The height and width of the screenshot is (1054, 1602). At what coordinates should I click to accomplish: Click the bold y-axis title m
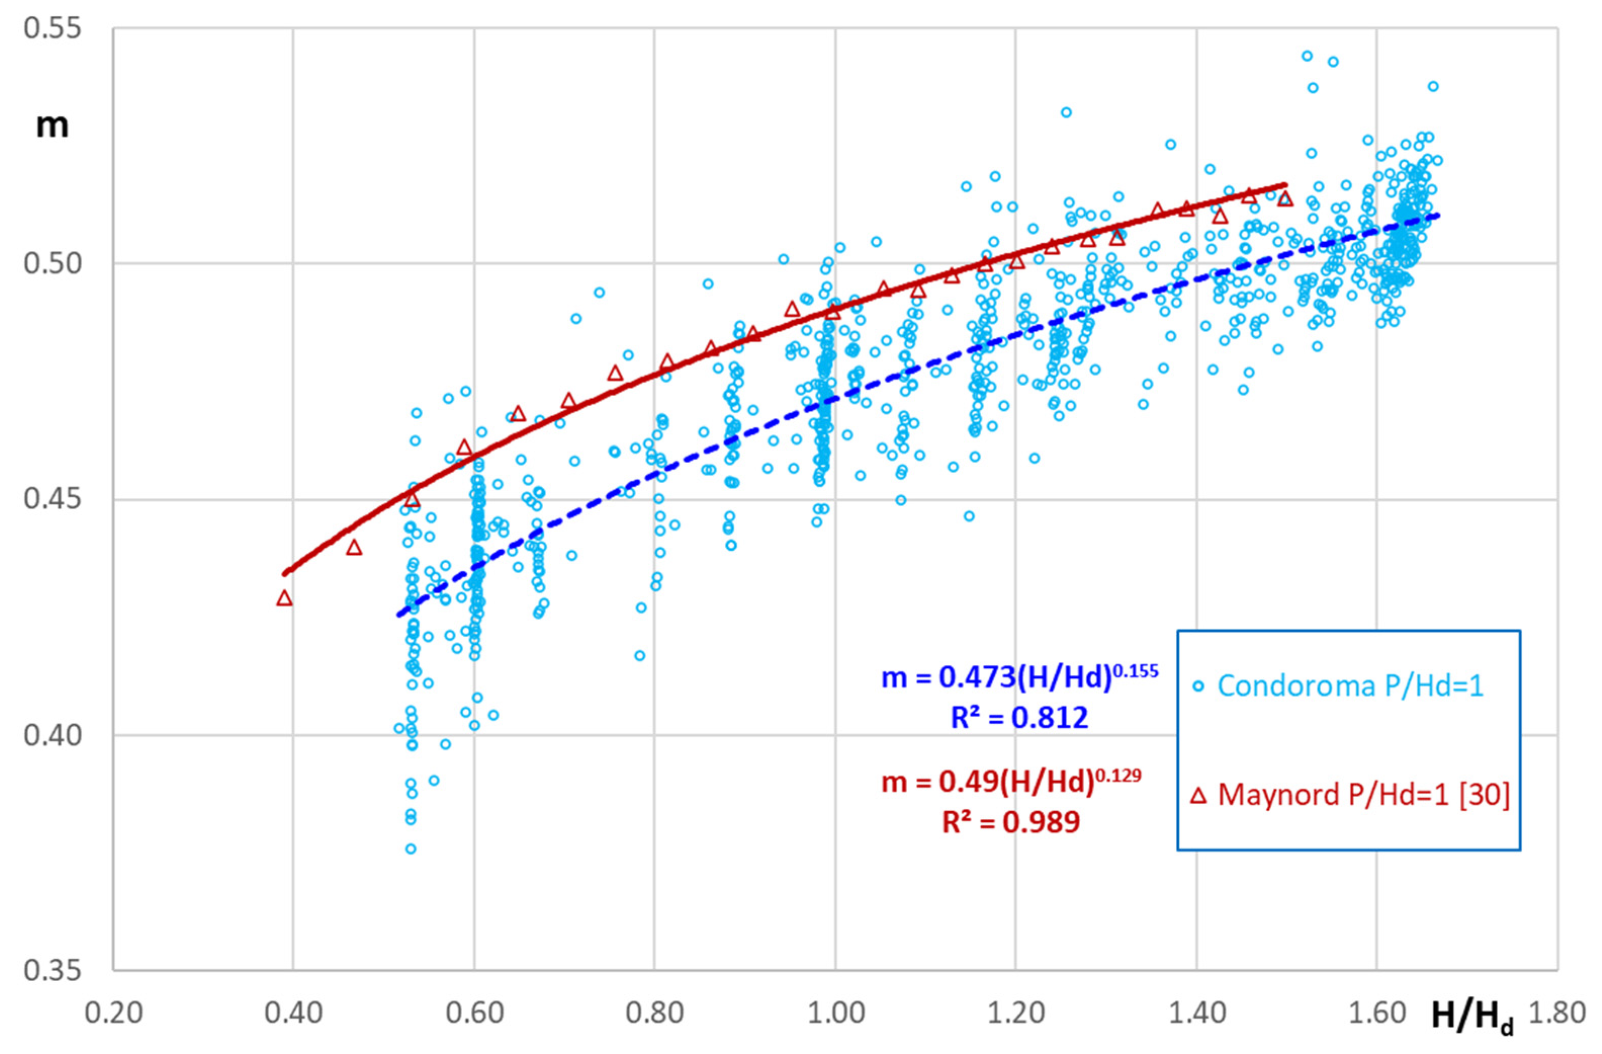[x=52, y=126]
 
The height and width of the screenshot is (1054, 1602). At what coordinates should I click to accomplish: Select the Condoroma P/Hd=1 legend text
[x=1350, y=686]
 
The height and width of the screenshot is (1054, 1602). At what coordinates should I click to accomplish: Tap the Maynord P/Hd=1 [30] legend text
[x=1364, y=795]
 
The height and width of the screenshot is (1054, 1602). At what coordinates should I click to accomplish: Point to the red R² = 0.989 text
[x=1010, y=822]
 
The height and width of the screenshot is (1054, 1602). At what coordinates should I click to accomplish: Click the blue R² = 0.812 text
[x=1019, y=718]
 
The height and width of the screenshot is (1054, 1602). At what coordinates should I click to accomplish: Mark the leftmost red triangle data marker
[x=285, y=598]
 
